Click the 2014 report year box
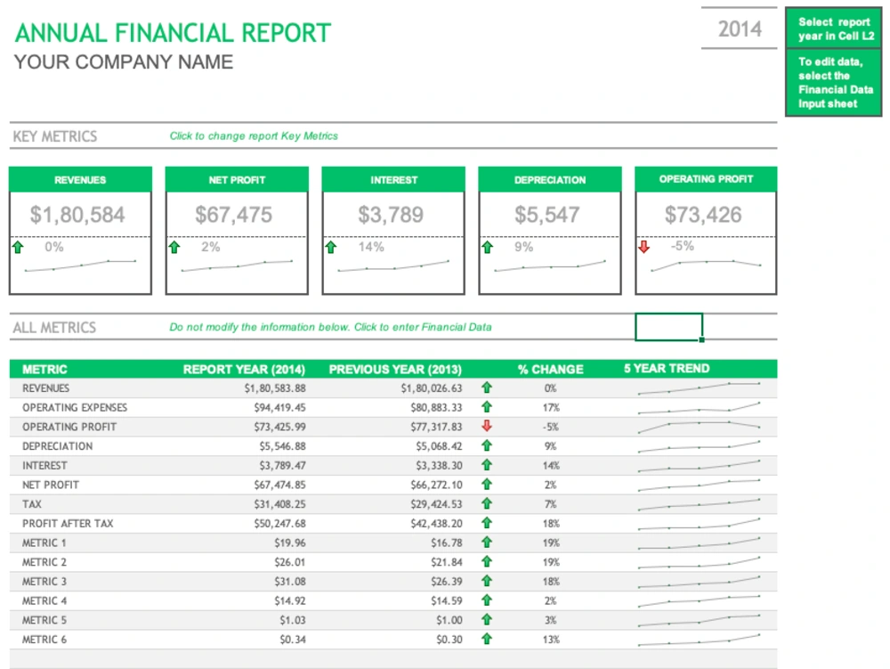click(740, 29)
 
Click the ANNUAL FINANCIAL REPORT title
click(173, 33)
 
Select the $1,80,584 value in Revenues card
click(77, 215)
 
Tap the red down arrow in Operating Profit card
click(643, 247)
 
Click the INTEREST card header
click(393, 180)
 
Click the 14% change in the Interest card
click(371, 247)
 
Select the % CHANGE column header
click(550, 369)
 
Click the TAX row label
click(33, 504)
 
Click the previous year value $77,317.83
click(432, 427)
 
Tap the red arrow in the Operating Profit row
click(486, 427)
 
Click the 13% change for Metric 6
click(551, 640)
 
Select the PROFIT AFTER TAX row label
click(68, 524)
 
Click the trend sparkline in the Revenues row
click(699, 388)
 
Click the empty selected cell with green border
click(668, 327)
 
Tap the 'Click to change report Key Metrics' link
click(254, 136)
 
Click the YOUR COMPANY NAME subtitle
click(124, 62)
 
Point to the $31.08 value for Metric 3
click(291, 582)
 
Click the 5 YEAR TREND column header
click(667, 368)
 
